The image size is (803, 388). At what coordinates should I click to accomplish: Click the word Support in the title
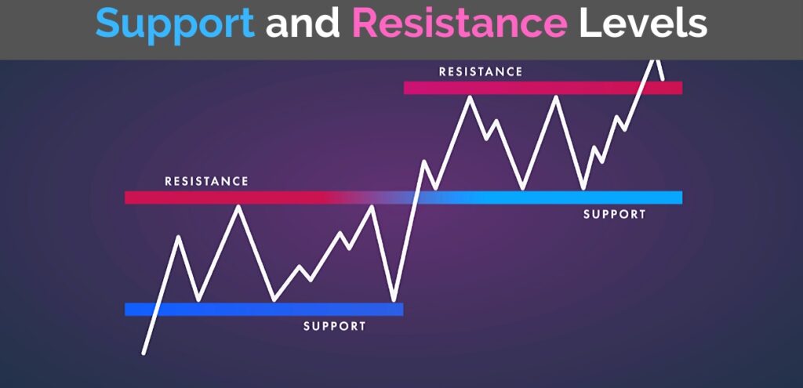pos(174,25)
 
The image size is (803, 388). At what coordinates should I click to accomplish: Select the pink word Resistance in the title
pos(460,25)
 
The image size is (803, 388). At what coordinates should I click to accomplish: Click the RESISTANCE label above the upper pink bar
pos(480,71)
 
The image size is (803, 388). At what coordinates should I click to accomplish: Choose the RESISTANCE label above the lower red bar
pos(206,181)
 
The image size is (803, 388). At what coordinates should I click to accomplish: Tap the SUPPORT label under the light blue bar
pos(615,214)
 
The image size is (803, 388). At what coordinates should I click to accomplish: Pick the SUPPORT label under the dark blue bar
pos(335,326)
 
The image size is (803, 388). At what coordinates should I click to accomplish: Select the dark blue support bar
pos(263,309)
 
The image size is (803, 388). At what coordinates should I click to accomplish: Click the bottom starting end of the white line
pos(144,353)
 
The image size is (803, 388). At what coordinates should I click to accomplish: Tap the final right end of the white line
pos(663,79)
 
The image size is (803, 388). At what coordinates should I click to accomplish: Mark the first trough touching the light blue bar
pos(522,189)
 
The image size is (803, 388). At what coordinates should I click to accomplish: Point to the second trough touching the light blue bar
pos(583,189)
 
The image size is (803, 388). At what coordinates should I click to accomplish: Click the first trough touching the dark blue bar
pos(198,299)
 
